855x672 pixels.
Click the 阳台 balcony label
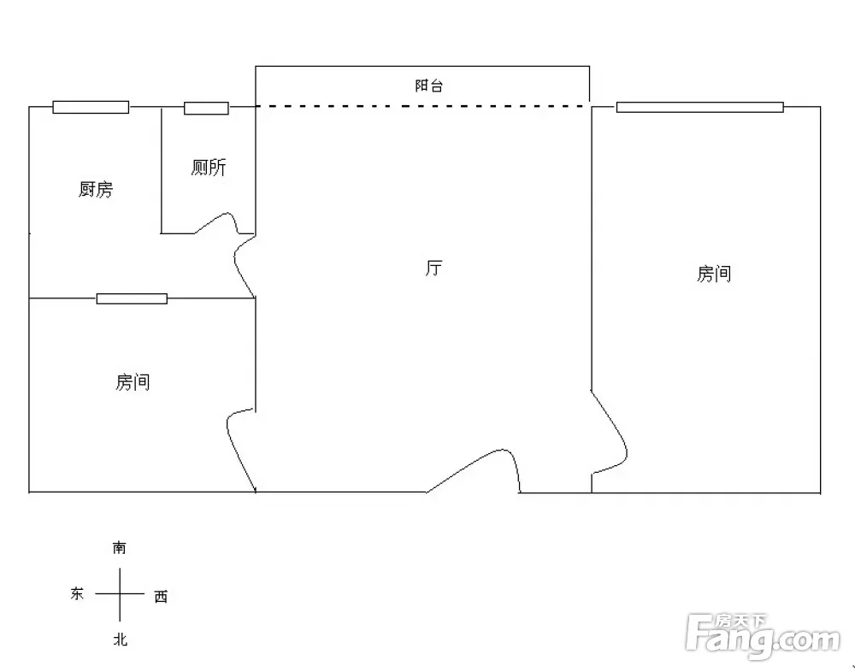tap(429, 85)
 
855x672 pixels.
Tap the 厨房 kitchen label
tap(96, 189)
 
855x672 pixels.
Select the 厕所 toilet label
tap(209, 168)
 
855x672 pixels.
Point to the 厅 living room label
tap(434, 268)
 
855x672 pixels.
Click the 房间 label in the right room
tap(714, 274)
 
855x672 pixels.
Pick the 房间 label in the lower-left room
tap(133, 382)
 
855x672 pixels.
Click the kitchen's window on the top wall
tap(91, 108)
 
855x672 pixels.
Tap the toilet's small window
tap(206, 108)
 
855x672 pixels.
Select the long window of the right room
tap(700, 108)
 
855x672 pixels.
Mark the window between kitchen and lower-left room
tap(132, 298)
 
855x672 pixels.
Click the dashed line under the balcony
tap(423, 106)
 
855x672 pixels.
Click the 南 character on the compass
tap(120, 548)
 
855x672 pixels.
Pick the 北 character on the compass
tap(121, 640)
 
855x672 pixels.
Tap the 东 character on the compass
tap(77, 593)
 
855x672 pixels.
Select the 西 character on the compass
tap(161, 597)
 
